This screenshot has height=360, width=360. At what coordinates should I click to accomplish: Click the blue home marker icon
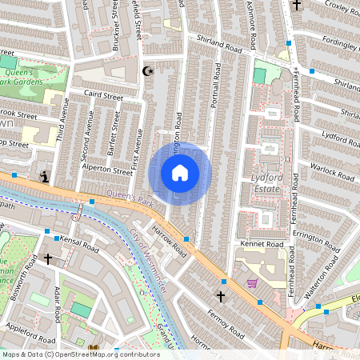point(180,172)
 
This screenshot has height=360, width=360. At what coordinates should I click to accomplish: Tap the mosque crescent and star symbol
point(147,72)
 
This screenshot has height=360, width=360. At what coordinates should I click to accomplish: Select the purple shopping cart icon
point(253,283)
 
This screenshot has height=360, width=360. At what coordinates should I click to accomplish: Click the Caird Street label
point(102,97)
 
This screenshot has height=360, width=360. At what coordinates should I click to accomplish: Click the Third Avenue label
point(61,131)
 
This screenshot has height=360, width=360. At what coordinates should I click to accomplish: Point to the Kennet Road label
point(262,244)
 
